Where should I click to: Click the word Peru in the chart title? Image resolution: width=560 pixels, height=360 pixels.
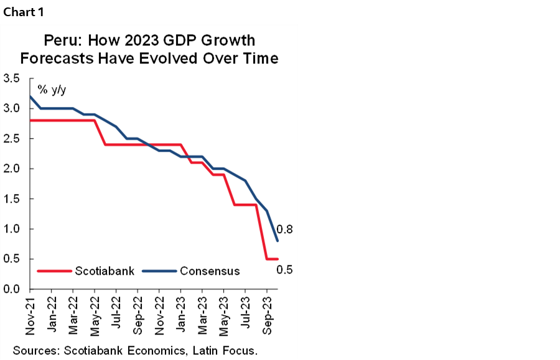click(x=62, y=41)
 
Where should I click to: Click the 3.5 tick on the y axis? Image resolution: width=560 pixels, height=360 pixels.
click(x=12, y=79)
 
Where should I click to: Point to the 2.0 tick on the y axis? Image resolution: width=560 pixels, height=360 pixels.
click(x=12, y=169)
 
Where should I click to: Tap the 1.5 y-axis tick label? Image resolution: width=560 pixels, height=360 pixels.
click(x=12, y=200)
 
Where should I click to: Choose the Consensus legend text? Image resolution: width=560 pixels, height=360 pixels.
click(x=210, y=271)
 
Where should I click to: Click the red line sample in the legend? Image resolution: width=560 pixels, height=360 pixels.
click(x=54, y=271)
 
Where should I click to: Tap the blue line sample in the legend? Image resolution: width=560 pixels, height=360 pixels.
click(x=159, y=271)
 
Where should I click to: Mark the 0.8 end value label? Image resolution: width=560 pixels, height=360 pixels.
click(x=285, y=229)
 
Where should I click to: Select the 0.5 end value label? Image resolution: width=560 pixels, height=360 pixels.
click(x=285, y=270)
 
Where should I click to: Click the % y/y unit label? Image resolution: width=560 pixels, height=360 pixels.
click(x=52, y=90)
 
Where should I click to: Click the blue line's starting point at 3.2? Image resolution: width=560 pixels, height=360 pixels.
click(x=30, y=96)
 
